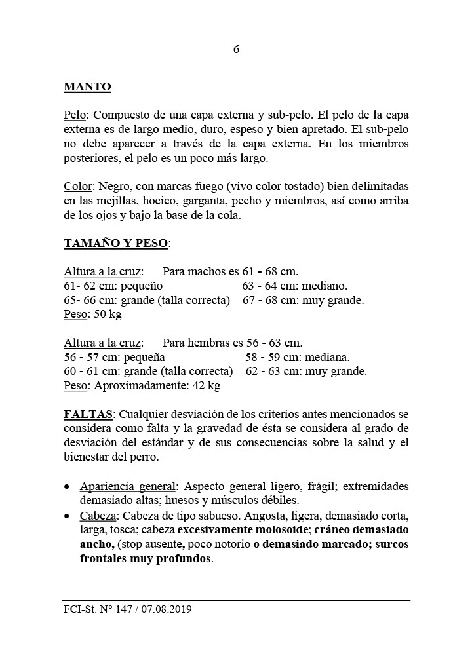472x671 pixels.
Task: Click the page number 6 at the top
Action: point(236,50)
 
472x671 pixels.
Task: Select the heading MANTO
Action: point(87,86)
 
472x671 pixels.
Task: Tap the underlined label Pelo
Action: point(75,115)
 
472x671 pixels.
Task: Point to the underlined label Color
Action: point(77,185)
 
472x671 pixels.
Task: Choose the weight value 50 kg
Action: point(108,315)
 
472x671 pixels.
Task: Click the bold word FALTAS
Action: point(88,415)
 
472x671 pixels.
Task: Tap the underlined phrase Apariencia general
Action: point(128,486)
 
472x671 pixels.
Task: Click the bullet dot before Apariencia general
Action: point(68,488)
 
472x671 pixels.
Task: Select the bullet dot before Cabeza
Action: point(68,516)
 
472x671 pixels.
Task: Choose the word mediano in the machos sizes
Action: point(324,286)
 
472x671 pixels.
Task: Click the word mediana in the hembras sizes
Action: point(326,358)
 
